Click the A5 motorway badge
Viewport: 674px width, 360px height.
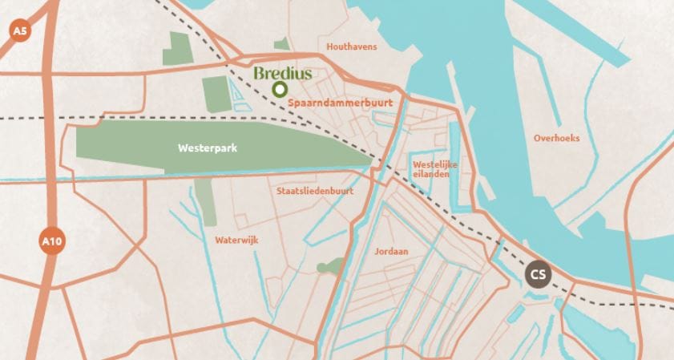(19, 31)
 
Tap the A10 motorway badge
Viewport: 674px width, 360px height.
(50, 240)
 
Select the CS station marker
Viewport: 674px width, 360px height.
(538, 274)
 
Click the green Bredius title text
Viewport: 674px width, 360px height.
(282, 73)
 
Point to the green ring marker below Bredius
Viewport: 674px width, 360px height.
(280, 90)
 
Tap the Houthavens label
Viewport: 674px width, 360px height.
(351, 47)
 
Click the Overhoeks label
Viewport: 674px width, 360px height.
(556, 138)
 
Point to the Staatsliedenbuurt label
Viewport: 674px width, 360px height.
(314, 191)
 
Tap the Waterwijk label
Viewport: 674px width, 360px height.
(236, 240)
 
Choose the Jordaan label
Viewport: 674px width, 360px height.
(391, 251)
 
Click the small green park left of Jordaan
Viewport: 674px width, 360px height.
(327, 266)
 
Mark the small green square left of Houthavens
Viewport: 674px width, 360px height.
(281, 46)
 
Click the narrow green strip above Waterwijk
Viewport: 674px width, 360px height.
(208, 201)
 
